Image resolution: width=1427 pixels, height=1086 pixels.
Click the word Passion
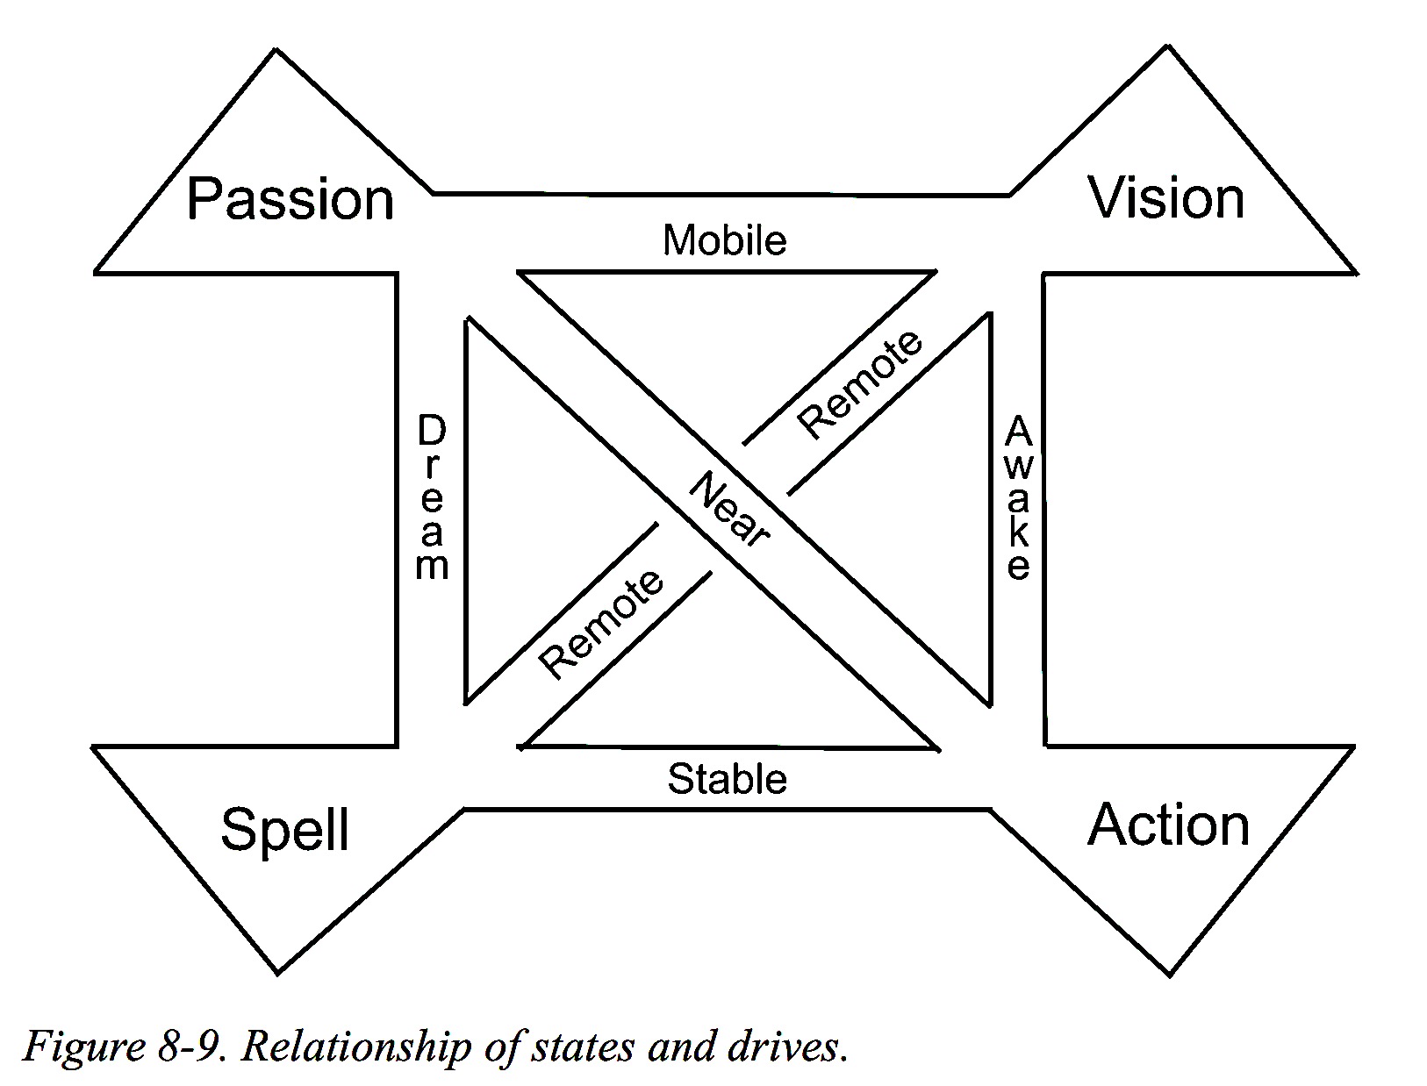[290, 200]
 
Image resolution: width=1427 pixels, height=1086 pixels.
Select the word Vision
[1166, 197]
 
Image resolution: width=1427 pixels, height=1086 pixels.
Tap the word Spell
[284, 829]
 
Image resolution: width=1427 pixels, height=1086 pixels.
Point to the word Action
[1169, 825]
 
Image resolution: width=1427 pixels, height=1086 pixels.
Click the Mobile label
[724, 239]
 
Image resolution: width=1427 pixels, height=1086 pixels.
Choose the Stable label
[727, 778]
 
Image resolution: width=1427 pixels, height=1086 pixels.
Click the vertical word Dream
[432, 497]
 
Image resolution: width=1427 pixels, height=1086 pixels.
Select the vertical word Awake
[1017, 497]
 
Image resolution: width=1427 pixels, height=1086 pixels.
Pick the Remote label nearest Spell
[601, 624]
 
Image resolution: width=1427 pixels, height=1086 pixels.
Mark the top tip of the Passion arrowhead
[276, 50]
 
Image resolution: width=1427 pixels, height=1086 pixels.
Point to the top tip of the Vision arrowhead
[1167, 46]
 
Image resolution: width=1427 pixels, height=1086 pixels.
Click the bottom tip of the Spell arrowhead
[277, 973]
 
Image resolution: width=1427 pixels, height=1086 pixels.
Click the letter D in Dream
[432, 431]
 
